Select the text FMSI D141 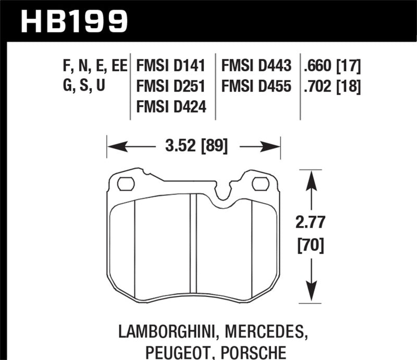coord(170,67)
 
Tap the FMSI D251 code coord(170,86)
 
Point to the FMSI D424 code coord(170,107)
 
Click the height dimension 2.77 coord(312,223)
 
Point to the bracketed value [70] coord(312,244)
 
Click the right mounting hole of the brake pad coord(260,183)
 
